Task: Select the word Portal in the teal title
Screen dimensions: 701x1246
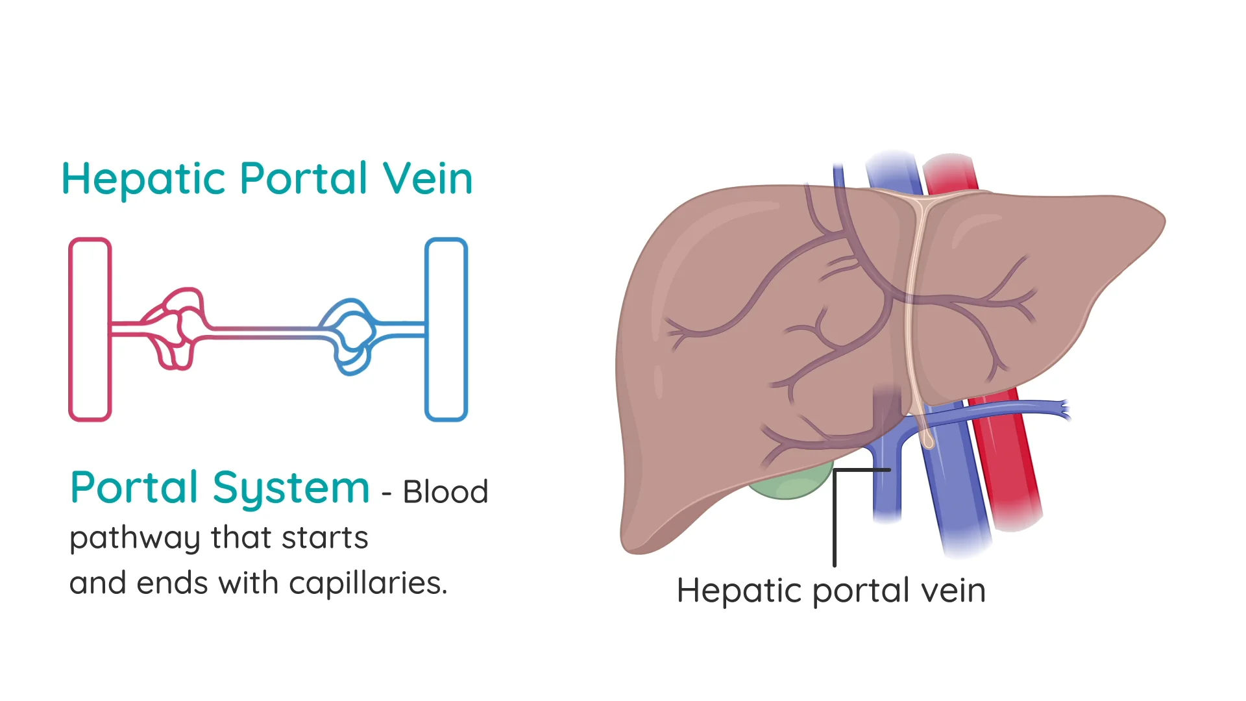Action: point(304,178)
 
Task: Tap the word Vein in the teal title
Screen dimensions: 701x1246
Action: point(427,178)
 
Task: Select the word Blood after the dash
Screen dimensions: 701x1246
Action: point(445,492)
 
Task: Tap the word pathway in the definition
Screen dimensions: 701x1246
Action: point(135,539)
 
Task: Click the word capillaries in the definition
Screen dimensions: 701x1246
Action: point(367,584)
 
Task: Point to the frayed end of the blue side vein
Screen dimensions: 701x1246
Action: point(1062,410)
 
